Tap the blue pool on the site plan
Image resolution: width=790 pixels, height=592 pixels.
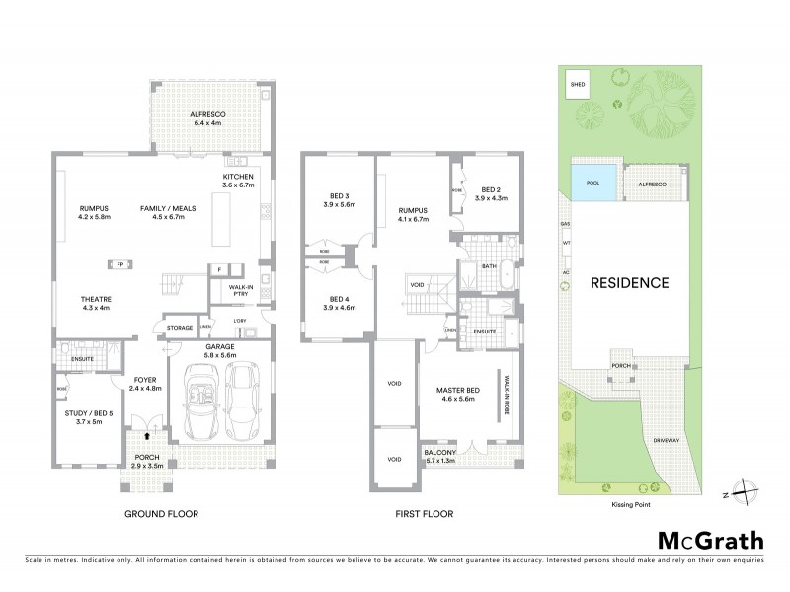(592, 184)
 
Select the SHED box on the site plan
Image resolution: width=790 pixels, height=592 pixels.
(578, 85)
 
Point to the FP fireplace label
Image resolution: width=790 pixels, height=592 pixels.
(119, 264)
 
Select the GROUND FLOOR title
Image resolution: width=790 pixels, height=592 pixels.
(161, 514)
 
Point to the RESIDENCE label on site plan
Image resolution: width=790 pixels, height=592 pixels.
(630, 282)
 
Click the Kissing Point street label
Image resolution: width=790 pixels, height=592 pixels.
(631, 503)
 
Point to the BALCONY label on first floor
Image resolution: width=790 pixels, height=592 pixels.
(439, 454)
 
